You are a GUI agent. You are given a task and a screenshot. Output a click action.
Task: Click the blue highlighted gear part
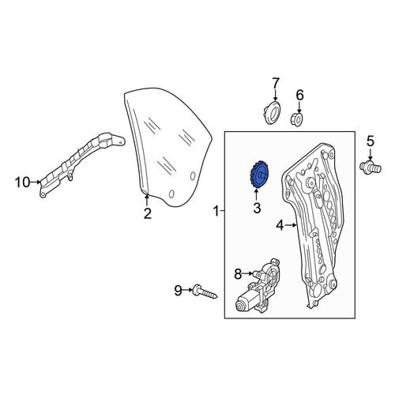259,175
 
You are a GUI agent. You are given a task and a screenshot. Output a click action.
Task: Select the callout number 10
23,182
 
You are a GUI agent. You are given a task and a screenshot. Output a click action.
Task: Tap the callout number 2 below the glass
148,213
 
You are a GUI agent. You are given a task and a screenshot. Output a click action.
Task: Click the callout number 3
257,208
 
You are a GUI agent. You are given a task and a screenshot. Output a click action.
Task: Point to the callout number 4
280,226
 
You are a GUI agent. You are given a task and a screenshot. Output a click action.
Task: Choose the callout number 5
371,141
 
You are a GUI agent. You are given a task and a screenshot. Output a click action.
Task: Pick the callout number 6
300,95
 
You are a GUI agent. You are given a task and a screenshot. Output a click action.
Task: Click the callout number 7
275,84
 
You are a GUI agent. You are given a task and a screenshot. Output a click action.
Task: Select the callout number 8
238,274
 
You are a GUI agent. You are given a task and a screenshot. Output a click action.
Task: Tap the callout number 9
179,291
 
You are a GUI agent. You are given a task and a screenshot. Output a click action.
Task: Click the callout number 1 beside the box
216,211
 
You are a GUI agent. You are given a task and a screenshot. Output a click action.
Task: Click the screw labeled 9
205,292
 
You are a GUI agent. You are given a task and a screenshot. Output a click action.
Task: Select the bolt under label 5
371,167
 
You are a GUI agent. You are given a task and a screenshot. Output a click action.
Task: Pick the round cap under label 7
273,112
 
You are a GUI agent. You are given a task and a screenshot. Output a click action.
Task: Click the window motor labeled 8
258,286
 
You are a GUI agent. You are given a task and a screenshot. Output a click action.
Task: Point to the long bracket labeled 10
82,163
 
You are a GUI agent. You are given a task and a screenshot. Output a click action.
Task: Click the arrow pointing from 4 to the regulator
291,225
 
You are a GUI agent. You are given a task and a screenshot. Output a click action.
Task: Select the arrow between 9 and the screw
188,290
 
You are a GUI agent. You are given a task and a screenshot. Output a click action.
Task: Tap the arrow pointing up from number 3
257,195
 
